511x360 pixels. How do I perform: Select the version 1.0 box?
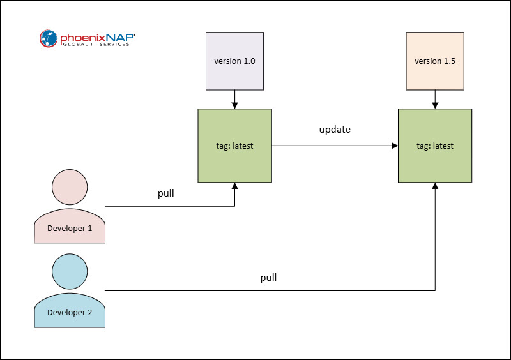point(234,61)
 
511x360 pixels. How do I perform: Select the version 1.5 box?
point(435,61)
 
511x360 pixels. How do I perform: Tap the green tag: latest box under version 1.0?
point(234,146)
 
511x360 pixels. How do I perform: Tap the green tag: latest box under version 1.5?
point(435,146)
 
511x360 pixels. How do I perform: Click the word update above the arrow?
point(335,130)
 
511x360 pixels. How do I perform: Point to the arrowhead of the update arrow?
point(394,146)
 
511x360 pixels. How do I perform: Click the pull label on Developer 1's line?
point(167,193)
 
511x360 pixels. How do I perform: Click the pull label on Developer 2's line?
point(269,278)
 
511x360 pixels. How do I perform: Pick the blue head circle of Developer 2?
point(69,271)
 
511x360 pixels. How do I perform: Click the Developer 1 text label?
point(69,228)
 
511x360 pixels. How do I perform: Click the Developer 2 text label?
point(69,312)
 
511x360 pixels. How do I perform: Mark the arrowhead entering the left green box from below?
point(234,186)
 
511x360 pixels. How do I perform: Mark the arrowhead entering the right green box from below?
point(435,186)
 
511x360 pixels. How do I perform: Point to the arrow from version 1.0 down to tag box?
point(234,99)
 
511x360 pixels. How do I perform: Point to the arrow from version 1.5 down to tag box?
point(435,99)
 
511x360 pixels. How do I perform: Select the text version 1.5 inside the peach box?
point(435,61)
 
